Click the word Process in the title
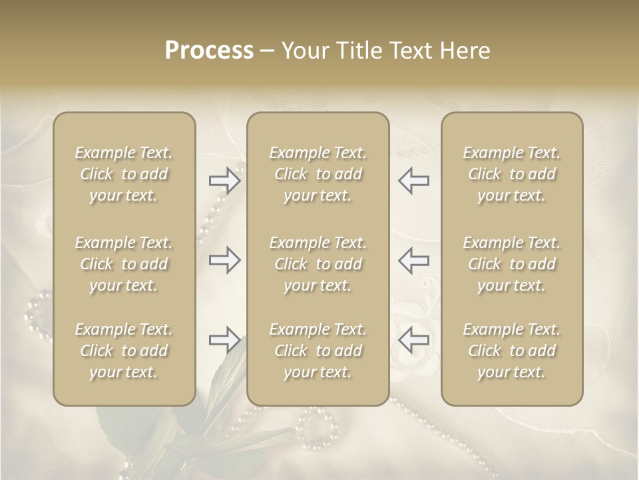tap(209, 51)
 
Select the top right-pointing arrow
tap(224, 181)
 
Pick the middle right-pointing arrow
tap(224, 260)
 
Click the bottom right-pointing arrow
tap(224, 340)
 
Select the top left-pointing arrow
tap(414, 181)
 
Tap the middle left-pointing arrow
tap(414, 260)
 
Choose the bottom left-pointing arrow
tap(414, 340)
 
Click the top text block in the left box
tap(124, 174)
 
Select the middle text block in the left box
tap(124, 264)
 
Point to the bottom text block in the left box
tap(124, 351)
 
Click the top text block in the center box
tap(318, 174)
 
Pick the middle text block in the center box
tap(318, 264)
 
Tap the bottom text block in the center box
tap(318, 351)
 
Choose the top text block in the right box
tap(512, 174)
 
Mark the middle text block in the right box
tap(512, 264)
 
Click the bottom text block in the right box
tap(512, 351)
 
